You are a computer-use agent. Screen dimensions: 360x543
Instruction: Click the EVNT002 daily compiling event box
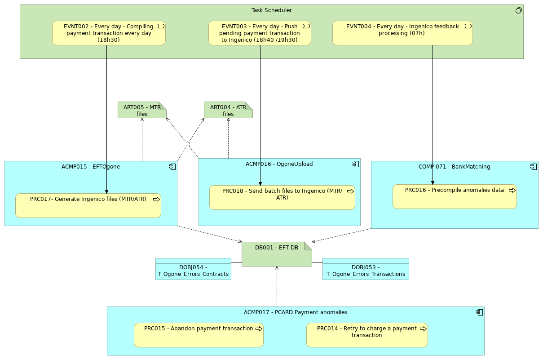click(109, 33)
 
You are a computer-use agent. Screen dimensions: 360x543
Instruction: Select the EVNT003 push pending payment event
click(260, 33)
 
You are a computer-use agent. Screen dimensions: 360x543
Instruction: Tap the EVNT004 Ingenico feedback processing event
click(402, 33)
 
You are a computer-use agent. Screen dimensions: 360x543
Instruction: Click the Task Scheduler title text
click(271, 10)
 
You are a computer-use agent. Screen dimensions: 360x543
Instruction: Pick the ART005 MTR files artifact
click(142, 110)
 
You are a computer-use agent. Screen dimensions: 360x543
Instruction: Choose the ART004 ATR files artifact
click(228, 110)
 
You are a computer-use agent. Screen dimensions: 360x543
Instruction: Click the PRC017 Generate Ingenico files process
click(88, 206)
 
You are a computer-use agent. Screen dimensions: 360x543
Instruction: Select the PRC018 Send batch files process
click(282, 198)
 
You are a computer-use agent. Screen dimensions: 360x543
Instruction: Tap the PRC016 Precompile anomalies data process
click(455, 197)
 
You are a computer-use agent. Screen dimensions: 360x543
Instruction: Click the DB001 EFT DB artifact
click(277, 254)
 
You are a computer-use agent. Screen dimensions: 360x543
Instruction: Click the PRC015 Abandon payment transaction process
click(199, 335)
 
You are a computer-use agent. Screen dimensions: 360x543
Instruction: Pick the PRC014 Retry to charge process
click(367, 335)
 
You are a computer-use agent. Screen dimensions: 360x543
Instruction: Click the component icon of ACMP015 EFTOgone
click(172, 167)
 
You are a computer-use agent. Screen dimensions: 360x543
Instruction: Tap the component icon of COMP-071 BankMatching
click(534, 167)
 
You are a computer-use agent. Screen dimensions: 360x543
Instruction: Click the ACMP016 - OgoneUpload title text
click(279, 164)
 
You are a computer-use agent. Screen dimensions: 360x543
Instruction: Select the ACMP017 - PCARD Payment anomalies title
click(295, 312)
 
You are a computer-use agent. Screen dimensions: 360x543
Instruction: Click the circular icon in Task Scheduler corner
click(518, 10)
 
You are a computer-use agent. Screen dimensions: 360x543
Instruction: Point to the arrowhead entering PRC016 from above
click(433, 183)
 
